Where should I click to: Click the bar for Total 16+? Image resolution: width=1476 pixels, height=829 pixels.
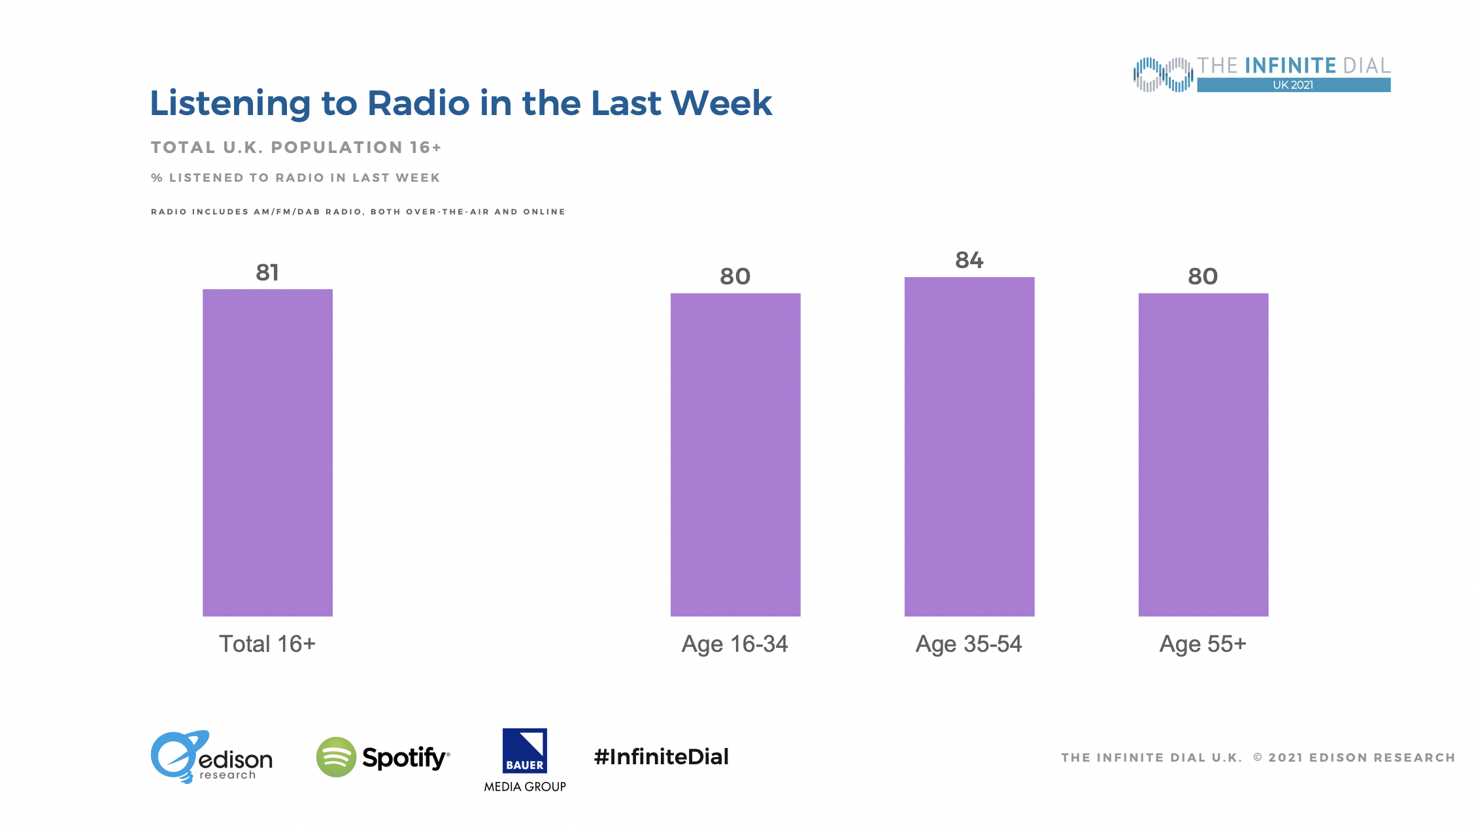[267, 452]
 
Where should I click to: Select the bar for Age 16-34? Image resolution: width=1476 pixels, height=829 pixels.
[735, 454]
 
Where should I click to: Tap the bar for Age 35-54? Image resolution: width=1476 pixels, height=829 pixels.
[969, 447]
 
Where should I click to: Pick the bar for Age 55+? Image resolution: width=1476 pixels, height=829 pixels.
[1203, 454]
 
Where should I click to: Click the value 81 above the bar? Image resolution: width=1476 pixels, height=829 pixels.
[267, 272]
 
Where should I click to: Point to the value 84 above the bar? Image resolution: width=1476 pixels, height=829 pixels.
[969, 260]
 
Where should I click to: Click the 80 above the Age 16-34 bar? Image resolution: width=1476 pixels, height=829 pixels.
[735, 277]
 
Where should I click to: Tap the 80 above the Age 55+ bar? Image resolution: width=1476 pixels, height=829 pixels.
[1203, 277]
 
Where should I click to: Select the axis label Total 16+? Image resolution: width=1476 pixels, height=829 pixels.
[267, 644]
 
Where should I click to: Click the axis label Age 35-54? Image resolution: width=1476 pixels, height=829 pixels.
[969, 644]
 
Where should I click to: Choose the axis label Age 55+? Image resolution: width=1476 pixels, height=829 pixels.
[1203, 644]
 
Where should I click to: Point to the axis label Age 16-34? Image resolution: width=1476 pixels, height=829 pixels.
[735, 644]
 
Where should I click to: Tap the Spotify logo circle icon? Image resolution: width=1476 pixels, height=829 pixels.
[336, 757]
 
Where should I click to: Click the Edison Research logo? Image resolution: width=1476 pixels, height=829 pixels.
[210, 757]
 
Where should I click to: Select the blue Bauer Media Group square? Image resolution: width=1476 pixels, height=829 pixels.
[525, 751]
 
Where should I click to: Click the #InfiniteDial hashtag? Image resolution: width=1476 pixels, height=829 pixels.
[661, 757]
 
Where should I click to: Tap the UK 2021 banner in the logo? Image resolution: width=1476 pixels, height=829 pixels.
[1293, 85]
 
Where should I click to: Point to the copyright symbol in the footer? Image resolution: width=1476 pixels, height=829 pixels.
[1258, 758]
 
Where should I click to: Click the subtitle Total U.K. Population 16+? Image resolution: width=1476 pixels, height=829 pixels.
[296, 148]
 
